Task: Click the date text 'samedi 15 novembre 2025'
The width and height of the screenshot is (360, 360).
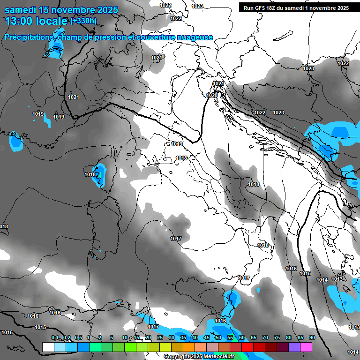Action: pyautogui.click(x=61, y=9)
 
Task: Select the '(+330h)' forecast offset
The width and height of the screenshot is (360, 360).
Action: pyautogui.click(x=83, y=21)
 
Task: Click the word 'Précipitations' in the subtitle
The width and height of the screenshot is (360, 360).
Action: pyautogui.click(x=29, y=37)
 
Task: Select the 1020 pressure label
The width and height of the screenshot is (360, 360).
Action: pyautogui.click(x=212, y=95)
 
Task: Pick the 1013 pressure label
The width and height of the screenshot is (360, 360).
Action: pyautogui.click(x=337, y=279)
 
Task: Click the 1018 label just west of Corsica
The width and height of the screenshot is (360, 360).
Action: pyautogui.click(x=90, y=174)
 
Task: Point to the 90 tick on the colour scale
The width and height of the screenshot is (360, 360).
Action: pyautogui.click(x=312, y=338)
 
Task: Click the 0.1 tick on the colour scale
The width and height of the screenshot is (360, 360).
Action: pyautogui.click(x=55, y=338)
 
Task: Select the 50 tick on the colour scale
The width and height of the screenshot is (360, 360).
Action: pyautogui.click(x=218, y=338)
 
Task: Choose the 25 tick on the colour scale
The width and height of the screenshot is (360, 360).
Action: pyautogui.click(x=160, y=338)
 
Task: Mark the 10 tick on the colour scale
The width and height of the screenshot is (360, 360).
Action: pyautogui.click(x=125, y=338)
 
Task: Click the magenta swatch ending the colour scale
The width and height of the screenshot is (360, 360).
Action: pyautogui.click(x=306, y=347)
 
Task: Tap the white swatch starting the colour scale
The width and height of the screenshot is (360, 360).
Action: pyautogui.click(x=48, y=347)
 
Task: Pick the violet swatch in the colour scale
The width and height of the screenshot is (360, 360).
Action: pyautogui.click(x=294, y=347)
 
